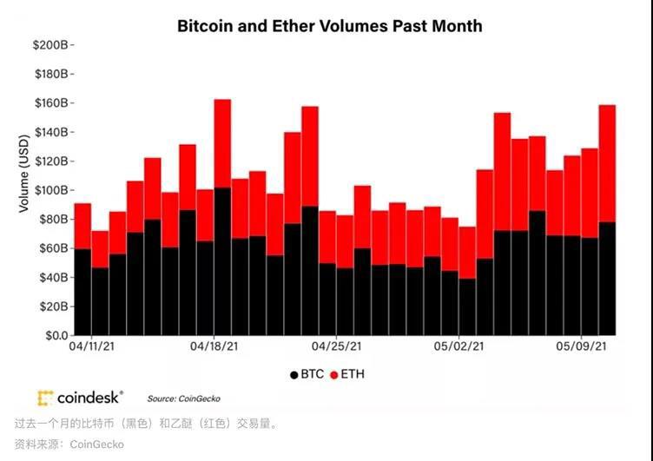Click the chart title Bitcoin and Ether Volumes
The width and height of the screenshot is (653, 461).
(329, 26)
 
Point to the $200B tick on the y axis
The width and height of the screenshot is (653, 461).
(51, 44)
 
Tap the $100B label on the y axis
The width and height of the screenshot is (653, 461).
(51, 190)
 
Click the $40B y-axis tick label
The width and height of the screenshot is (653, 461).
(54, 277)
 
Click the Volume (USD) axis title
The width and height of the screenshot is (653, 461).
(23, 175)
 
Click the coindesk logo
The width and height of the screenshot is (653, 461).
(81, 398)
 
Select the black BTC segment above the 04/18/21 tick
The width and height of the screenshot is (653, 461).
(222, 260)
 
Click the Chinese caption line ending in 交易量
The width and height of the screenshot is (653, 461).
(147, 424)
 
